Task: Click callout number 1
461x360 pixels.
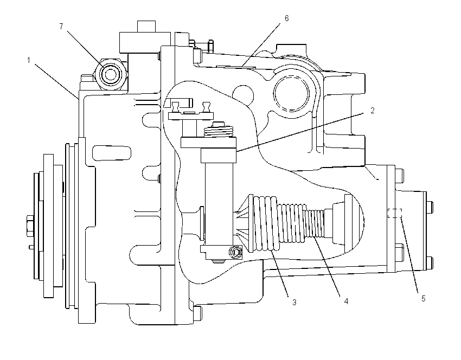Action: click(29, 60)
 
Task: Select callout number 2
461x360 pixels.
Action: click(373, 111)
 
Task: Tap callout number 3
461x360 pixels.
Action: click(294, 302)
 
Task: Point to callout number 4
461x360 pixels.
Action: click(346, 301)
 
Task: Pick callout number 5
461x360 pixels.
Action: click(424, 299)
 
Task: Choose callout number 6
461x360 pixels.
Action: click(287, 18)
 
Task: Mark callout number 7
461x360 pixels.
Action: click(61, 27)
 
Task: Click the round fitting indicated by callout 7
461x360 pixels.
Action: click(111, 74)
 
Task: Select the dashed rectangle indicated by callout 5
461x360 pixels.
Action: click(394, 214)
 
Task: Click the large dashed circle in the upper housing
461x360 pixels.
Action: click(291, 93)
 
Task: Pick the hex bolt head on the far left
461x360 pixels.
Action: click(30, 226)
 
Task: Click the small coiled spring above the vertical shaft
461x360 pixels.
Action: click(219, 131)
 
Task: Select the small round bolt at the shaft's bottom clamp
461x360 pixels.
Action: click(236, 253)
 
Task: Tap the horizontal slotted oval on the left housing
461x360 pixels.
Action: click(112, 153)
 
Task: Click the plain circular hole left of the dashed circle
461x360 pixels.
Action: click(243, 95)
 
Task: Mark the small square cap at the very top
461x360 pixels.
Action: click(146, 27)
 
